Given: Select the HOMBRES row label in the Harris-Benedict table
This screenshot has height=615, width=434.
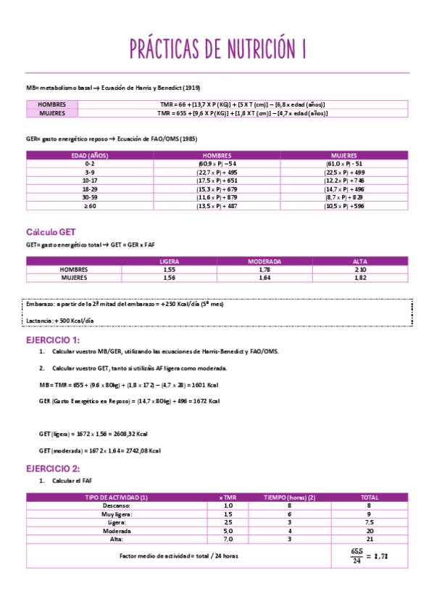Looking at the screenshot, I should [51, 104].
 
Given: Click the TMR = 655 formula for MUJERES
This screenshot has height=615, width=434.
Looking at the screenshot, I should [242, 113].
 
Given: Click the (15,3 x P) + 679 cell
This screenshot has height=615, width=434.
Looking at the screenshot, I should [217, 189].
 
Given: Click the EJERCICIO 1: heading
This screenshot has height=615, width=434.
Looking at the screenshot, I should [53, 340].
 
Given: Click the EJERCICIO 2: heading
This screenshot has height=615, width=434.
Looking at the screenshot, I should [53, 469].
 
